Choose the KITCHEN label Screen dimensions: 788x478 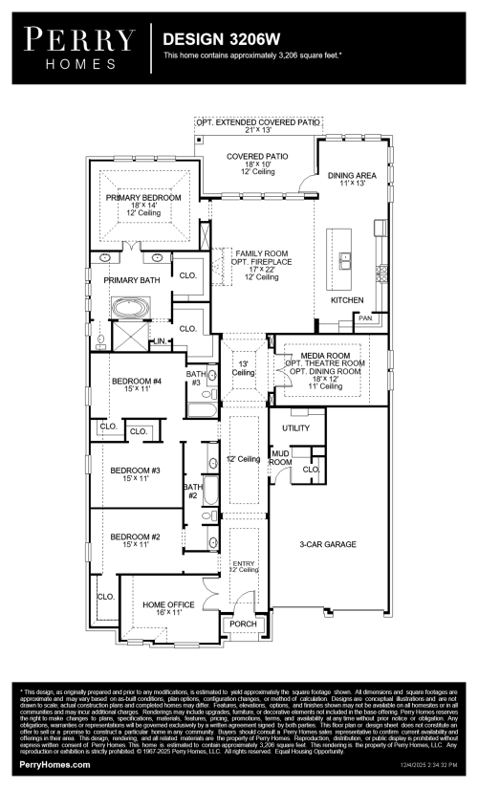pos(347,300)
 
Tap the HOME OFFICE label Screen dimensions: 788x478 pos(168,604)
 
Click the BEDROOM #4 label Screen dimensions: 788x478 pos(135,381)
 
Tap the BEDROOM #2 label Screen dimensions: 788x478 pos(135,536)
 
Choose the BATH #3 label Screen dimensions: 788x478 pos(196,378)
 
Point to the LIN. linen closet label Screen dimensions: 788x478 pos(157,341)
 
